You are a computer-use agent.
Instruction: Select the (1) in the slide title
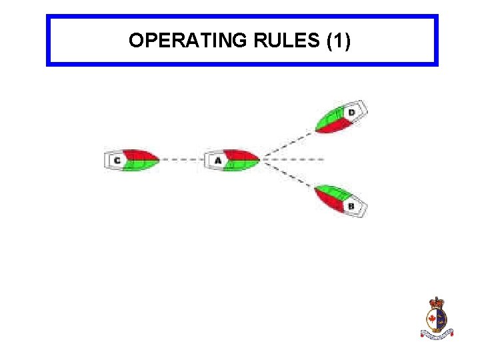(x=339, y=41)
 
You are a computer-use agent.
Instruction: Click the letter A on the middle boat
(x=218, y=161)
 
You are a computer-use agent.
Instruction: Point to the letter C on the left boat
(x=117, y=161)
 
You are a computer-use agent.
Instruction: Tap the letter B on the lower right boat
(x=351, y=206)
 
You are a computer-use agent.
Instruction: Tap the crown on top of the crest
(x=437, y=303)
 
